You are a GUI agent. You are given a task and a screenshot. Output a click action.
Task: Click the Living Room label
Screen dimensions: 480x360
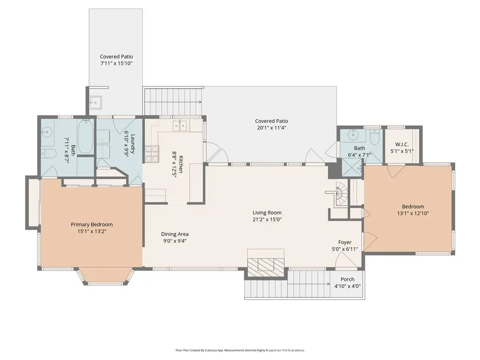267,212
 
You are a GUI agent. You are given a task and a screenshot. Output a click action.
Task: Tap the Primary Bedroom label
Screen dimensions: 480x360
92,225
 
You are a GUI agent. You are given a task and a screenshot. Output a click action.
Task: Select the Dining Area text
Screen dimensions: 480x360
175,234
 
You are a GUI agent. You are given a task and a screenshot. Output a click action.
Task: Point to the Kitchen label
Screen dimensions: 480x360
181,164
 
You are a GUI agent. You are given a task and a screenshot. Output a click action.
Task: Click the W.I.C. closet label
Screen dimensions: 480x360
402,144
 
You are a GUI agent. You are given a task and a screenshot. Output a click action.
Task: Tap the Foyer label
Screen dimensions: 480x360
345,242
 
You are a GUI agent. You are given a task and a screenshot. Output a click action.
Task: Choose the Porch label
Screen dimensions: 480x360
347,279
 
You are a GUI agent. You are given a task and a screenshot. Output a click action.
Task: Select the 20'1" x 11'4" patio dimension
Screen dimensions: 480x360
271,127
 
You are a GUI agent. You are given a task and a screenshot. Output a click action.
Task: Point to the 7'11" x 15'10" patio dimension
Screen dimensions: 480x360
116,63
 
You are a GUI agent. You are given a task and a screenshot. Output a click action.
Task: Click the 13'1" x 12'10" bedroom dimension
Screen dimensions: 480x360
413,213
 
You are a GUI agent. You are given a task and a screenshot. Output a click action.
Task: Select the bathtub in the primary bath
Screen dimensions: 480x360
85,136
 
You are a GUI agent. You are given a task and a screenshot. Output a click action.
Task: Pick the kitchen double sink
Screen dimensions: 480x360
180,126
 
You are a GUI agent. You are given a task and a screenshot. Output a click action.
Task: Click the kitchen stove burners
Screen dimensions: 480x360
152,154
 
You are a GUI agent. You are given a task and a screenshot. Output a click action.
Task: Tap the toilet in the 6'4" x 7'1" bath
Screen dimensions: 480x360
375,137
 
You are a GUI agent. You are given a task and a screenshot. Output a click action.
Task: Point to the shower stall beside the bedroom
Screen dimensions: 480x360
352,168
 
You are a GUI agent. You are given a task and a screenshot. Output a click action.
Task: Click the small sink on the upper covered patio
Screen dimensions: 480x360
96,102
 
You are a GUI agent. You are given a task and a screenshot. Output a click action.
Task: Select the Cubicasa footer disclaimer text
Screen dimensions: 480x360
240,350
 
